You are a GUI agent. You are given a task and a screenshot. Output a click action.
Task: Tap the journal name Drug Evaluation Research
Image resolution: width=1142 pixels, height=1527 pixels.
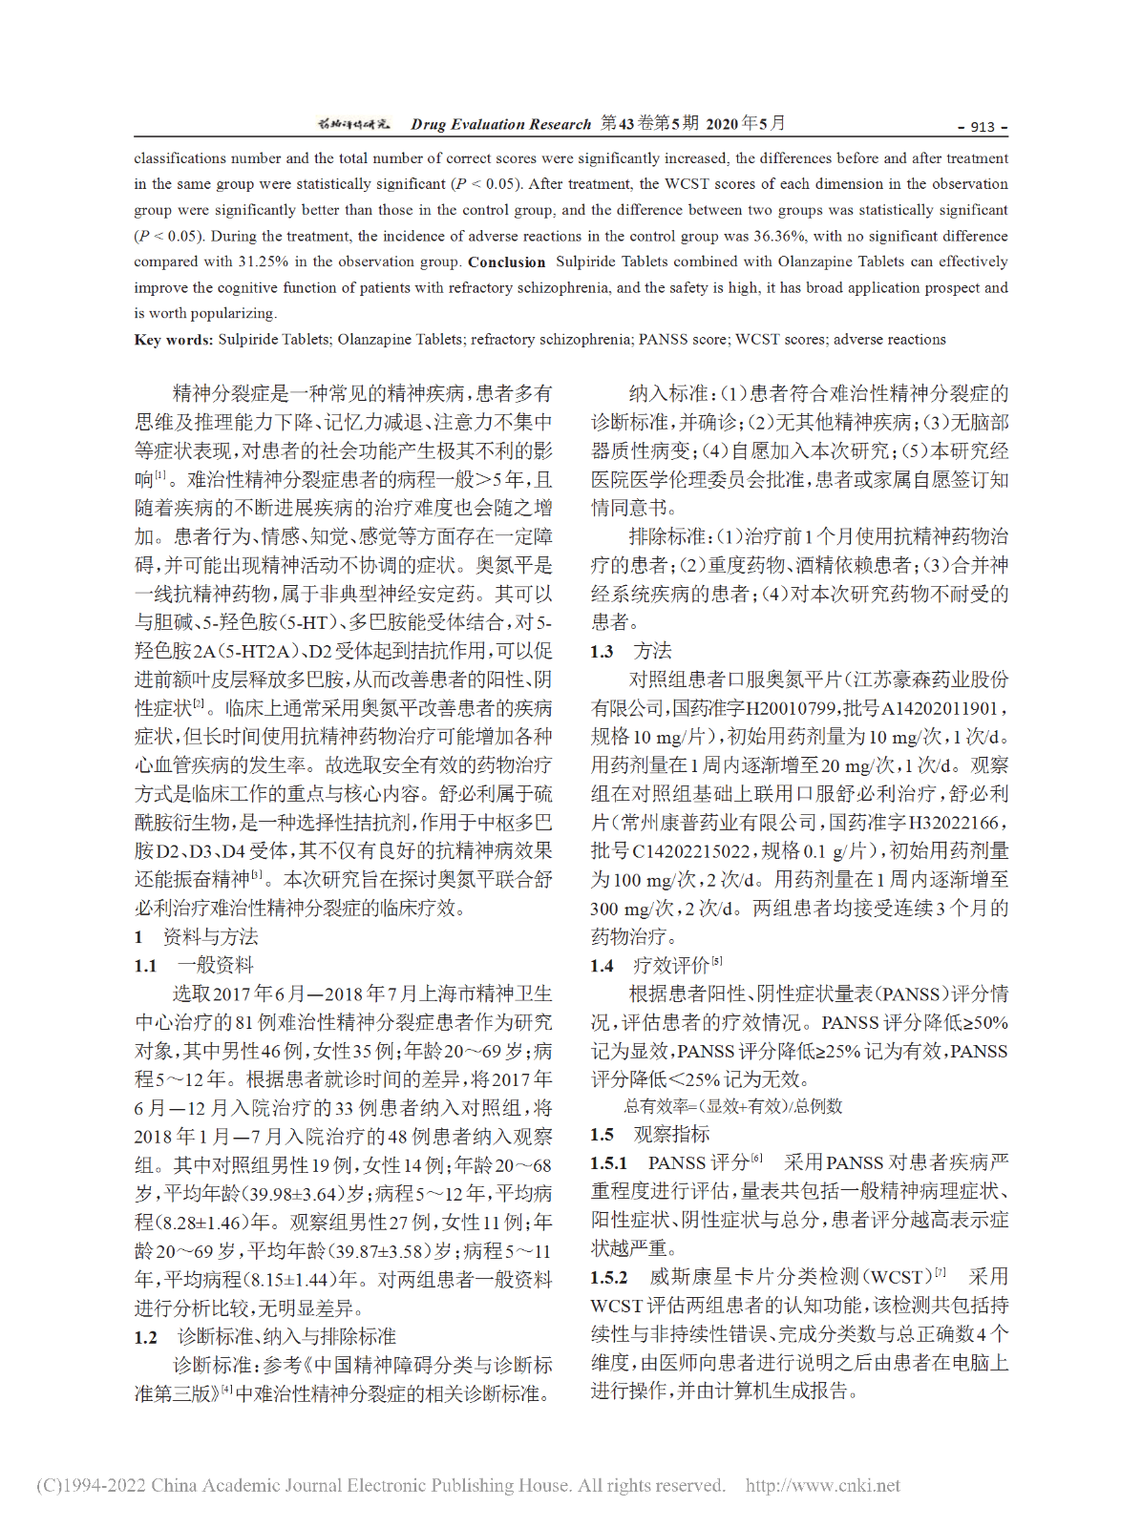[501, 124]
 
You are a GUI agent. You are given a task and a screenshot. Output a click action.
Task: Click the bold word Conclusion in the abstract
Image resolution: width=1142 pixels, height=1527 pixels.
[506, 262]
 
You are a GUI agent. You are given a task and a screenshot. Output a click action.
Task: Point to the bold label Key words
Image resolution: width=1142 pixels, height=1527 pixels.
[173, 340]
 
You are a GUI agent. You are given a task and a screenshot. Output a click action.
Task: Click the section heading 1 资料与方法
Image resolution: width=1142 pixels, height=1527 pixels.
[197, 937]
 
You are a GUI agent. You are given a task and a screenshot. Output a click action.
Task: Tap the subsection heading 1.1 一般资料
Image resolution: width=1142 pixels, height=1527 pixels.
[195, 966]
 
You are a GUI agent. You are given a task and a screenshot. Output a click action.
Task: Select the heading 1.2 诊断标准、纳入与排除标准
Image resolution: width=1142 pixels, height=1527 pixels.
[264, 1337]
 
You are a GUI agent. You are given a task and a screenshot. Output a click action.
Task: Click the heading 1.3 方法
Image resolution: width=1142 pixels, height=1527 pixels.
[631, 652]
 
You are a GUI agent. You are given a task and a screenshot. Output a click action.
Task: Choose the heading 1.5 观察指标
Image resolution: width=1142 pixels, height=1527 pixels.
[649, 1135]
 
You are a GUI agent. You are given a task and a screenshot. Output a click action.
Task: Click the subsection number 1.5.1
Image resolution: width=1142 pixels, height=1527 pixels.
[608, 1163]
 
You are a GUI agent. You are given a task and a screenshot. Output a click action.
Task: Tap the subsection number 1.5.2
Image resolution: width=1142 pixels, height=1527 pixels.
[608, 1278]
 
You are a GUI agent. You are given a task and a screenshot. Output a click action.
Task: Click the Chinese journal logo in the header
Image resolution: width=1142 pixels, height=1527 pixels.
[353, 124]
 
